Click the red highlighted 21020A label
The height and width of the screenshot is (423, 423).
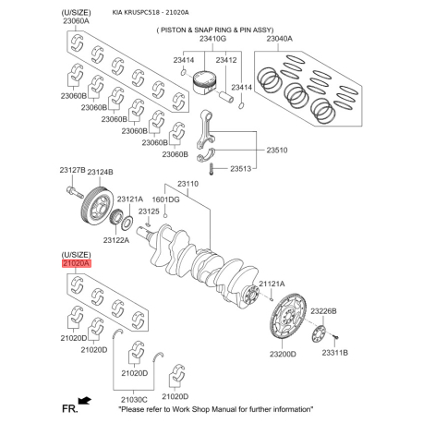pos(77,263)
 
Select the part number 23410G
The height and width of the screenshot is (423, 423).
pos(212,39)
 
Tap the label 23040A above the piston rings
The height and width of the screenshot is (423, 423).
pos(280,39)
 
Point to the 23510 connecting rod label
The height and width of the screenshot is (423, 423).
pos(277,151)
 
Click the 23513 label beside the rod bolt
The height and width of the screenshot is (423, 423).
pos(241,169)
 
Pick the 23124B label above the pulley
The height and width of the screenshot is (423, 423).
pos(100,172)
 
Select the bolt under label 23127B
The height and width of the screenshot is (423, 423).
pos(75,192)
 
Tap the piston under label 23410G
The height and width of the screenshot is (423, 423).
pos(204,82)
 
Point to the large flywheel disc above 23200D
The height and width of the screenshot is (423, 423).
pos(288,317)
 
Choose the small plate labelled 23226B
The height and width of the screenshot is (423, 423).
pos(319,333)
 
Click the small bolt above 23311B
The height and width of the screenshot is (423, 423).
pos(336,338)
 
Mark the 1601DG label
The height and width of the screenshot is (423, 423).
pos(165,199)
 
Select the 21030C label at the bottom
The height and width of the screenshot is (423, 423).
pos(134,400)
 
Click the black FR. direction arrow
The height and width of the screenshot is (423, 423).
pos(85,401)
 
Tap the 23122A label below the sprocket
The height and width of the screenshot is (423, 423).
pos(116,240)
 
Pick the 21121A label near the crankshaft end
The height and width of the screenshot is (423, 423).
pos(272,284)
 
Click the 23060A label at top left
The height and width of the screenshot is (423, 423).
pos(76,21)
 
